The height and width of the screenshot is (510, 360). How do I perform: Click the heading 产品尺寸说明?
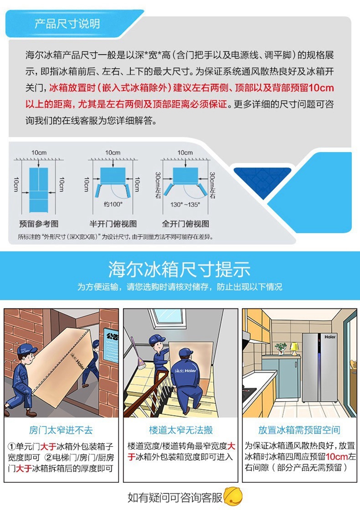coord(67,24)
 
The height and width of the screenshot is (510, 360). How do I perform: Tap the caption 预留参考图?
coord(39,224)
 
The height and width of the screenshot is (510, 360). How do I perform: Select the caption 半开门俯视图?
coord(113,224)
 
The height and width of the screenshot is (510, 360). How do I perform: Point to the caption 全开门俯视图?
coord(186,224)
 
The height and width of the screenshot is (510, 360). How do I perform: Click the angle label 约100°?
coord(113,204)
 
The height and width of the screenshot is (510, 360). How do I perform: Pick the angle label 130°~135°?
coord(185,204)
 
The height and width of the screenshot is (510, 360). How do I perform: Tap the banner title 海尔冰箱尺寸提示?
coord(180,269)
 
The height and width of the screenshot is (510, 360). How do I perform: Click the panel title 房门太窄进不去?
coord(61,430)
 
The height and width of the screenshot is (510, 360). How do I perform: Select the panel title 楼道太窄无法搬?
coord(180,430)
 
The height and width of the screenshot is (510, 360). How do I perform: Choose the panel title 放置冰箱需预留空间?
coord(299,430)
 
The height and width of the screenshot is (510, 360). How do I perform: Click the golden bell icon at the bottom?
coord(233,497)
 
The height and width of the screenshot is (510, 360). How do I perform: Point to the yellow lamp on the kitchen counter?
coord(295,348)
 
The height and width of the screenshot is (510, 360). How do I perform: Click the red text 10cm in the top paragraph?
coord(321,88)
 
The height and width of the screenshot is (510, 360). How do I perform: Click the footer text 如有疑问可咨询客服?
coord(175,498)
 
